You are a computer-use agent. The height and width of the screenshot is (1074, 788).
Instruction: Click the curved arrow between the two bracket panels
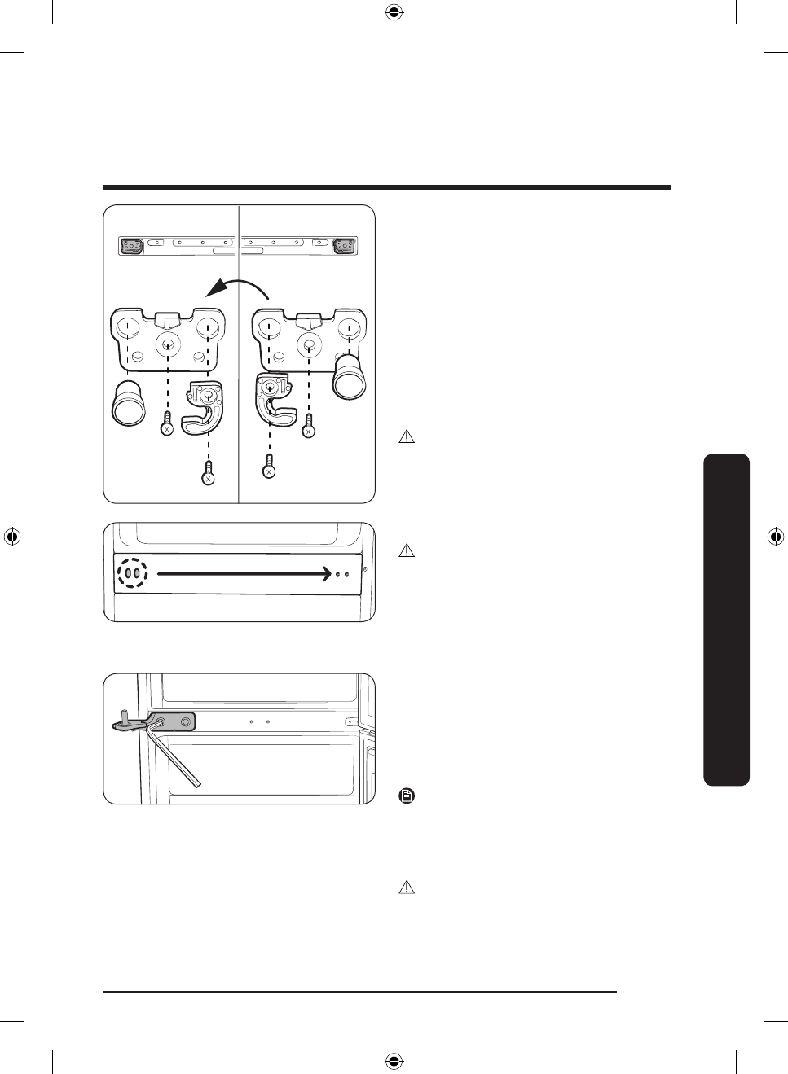point(240,286)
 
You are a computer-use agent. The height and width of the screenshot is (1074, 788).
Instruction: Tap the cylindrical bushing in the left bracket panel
point(128,403)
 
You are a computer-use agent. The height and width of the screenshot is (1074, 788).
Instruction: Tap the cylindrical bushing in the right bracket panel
point(350,375)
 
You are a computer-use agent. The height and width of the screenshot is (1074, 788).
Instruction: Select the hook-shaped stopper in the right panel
point(274,400)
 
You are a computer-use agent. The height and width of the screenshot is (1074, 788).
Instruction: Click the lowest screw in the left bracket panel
point(209,473)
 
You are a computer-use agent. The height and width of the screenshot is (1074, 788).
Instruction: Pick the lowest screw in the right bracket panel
point(269,467)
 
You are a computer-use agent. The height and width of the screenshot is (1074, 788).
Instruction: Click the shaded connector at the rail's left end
point(131,245)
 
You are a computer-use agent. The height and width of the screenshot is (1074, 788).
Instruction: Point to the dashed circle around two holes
point(133,573)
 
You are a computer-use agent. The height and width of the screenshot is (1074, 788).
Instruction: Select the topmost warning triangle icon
point(407,437)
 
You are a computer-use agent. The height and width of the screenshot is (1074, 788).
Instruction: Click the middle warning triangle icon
point(407,551)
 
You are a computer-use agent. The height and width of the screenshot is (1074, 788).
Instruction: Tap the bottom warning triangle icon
point(407,888)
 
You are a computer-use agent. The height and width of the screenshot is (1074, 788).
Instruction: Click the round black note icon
point(407,796)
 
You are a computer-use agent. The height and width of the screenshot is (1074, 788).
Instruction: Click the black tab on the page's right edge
point(724,619)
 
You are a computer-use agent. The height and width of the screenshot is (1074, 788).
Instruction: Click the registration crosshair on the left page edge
point(11,537)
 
